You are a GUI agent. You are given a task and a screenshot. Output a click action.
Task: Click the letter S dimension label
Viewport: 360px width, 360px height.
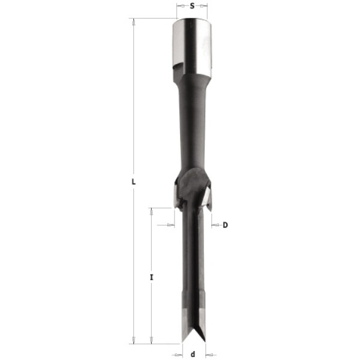point(192,6)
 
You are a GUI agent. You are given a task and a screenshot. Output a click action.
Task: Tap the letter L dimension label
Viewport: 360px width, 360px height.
point(133,182)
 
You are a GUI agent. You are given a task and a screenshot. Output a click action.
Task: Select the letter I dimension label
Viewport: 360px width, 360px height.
point(151,277)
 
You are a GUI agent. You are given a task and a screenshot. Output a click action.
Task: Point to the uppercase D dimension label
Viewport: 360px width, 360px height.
point(225,225)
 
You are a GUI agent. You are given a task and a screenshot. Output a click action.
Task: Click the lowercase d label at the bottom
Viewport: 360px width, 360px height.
point(193,354)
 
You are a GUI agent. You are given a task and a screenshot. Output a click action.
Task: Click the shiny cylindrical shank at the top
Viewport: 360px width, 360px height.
point(193,46)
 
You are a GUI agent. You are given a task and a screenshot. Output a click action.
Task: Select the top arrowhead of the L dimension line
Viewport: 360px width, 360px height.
point(133,23)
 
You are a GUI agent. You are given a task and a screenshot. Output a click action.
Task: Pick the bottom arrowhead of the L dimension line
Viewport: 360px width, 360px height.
point(133,340)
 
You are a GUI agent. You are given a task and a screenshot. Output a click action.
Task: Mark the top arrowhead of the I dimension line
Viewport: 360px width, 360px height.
point(151,212)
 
